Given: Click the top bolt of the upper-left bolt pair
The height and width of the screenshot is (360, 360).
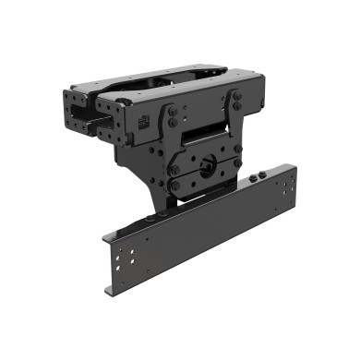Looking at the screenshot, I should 174,112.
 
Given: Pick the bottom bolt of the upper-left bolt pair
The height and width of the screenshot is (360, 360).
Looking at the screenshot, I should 173,122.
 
